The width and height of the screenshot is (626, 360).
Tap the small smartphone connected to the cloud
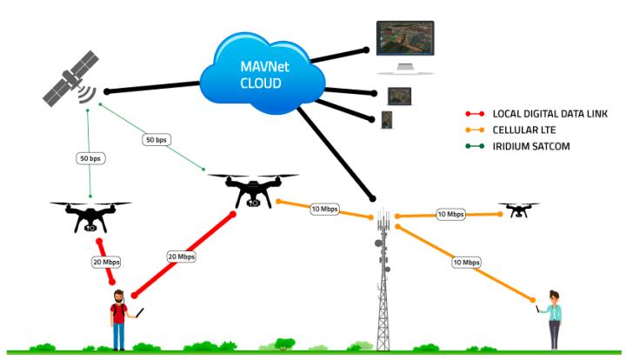(x=386, y=117)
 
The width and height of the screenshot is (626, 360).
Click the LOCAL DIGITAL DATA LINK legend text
(x=543, y=114)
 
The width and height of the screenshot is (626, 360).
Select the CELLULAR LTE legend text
(x=524, y=130)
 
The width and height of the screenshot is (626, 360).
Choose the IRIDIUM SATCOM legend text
(x=530, y=147)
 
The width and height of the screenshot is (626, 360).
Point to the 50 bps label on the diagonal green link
(x=156, y=139)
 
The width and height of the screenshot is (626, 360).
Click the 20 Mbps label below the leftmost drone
(x=104, y=261)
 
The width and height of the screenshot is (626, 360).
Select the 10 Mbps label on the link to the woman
(x=466, y=262)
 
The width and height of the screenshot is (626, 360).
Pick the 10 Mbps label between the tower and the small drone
(x=450, y=214)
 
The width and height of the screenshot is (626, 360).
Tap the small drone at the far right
(x=518, y=210)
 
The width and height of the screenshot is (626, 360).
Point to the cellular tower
(x=382, y=278)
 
